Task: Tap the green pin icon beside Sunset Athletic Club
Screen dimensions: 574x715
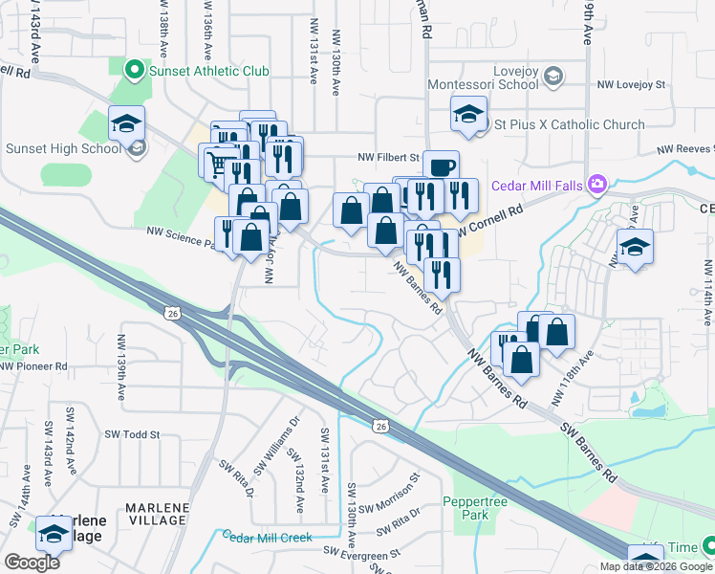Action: tap(135, 70)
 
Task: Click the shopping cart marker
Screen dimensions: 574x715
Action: tap(217, 164)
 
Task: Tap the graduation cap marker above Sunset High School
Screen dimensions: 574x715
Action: tap(126, 124)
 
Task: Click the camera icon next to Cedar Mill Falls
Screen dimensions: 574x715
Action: tap(598, 184)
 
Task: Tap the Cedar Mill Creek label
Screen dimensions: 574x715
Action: tap(268, 538)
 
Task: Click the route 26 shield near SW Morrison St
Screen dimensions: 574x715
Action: tap(380, 425)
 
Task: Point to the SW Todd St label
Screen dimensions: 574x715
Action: tap(127, 434)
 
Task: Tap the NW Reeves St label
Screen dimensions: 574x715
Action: tap(684, 149)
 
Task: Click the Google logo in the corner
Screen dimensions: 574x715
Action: tap(32, 562)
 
